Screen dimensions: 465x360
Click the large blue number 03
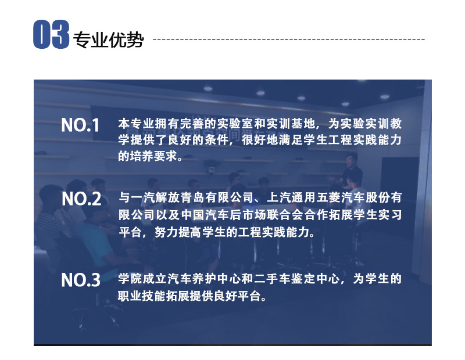(x=51, y=34)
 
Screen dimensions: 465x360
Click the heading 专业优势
(x=109, y=39)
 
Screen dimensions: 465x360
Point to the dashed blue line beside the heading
(x=288, y=39)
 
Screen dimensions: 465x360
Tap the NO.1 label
(x=80, y=125)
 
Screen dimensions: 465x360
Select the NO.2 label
(x=81, y=199)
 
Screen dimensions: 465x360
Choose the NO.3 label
(x=81, y=280)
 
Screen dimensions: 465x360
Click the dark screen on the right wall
(x=400, y=175)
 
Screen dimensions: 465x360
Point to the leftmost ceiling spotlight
(x=208, y=89)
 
